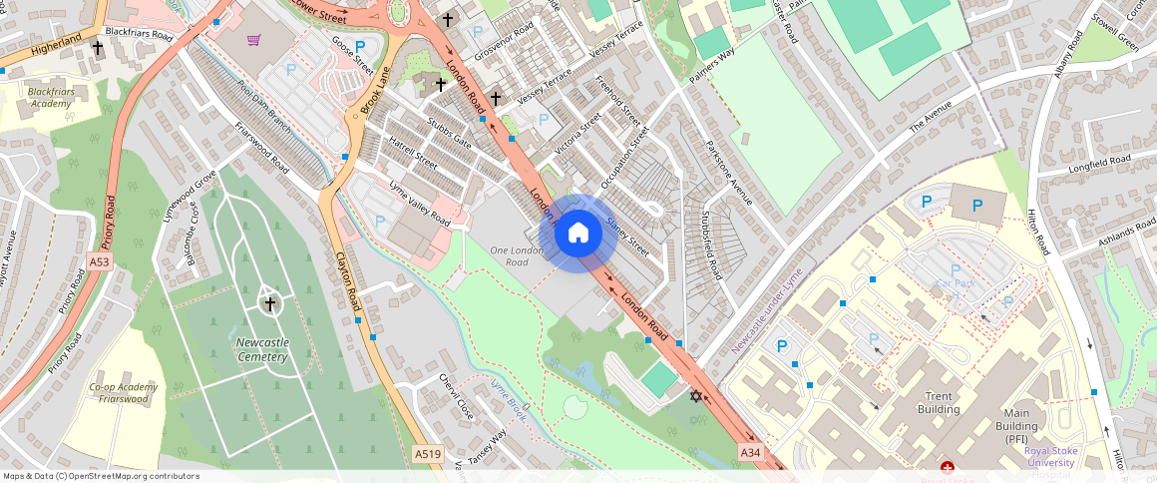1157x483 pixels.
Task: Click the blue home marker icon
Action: [x=578, y=234]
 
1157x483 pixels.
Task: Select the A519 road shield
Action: [x=427, y=454]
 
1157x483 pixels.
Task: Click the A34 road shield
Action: [x=750, y=453]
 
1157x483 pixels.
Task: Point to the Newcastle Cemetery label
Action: [x=262, y=349]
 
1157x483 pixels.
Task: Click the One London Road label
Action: [x=517, y=255]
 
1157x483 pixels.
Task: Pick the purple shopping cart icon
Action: [x=254, y=40]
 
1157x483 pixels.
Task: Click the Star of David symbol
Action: [x=695, y=396]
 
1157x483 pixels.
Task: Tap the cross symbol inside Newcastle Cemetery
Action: [x=268, y=302]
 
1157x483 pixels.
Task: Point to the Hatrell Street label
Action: [x=413, y=153]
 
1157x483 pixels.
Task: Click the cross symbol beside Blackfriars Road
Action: [x=98, y=47]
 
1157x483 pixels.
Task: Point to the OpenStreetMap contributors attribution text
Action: [x=101, y=476]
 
